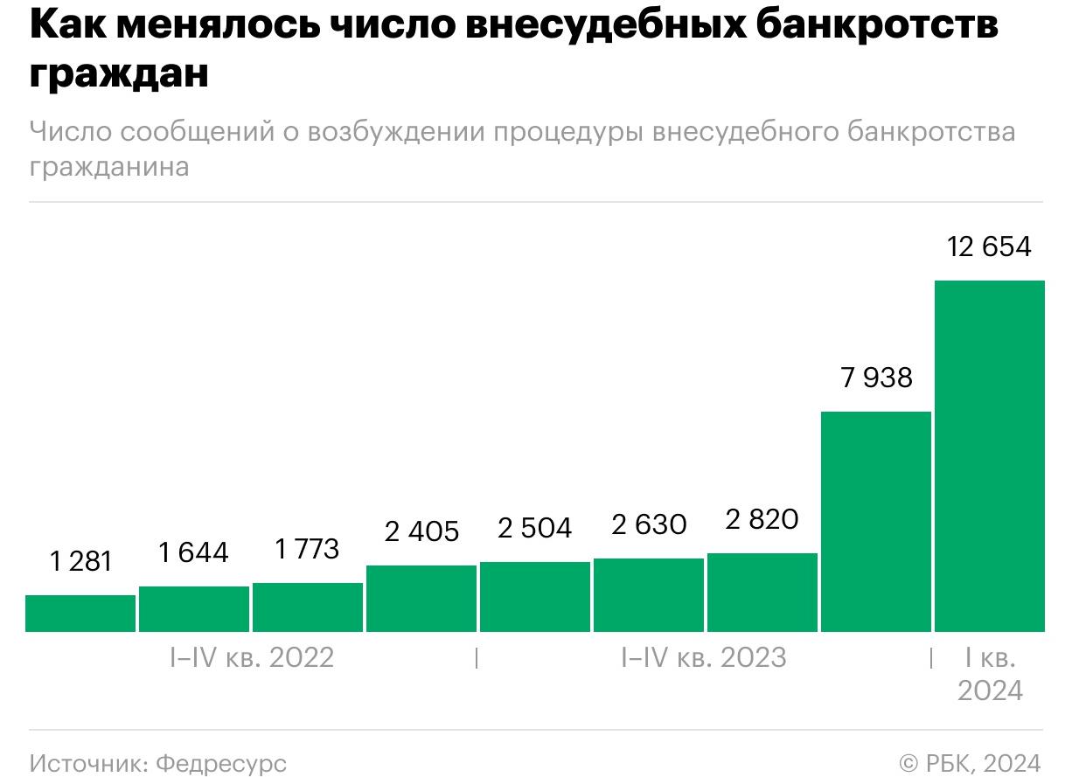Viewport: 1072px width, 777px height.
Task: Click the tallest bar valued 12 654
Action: pos(989,455)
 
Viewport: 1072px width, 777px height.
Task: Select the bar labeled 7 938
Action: pos(875,521)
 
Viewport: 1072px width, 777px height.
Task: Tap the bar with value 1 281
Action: pos(80,613)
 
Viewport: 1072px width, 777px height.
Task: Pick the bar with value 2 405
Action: pos(421,598)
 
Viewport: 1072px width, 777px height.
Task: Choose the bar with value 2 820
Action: pos(762,592)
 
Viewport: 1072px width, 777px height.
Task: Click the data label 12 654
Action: pos(989,247)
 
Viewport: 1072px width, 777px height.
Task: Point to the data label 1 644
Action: pos(193,552)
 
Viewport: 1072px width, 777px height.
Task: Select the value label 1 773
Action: pos(307,549)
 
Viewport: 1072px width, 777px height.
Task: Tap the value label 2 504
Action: pos(534,529)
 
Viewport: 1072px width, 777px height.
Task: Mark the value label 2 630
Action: pos(649,524)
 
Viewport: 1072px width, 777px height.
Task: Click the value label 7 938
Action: pos(876,378)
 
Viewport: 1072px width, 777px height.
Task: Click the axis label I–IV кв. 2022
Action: pos(252,657)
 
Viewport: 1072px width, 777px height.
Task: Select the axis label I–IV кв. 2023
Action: pos(704,657)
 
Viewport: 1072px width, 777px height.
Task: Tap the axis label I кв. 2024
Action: pos(989,674)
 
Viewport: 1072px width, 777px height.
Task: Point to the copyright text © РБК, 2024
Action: pos(970,762)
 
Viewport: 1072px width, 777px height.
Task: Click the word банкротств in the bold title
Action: pos(875,27)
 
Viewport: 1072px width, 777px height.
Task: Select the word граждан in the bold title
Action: pos(119,73)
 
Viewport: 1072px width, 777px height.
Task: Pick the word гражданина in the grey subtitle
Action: pos(109,166)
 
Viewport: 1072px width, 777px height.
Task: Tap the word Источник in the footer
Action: pos(76,762)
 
